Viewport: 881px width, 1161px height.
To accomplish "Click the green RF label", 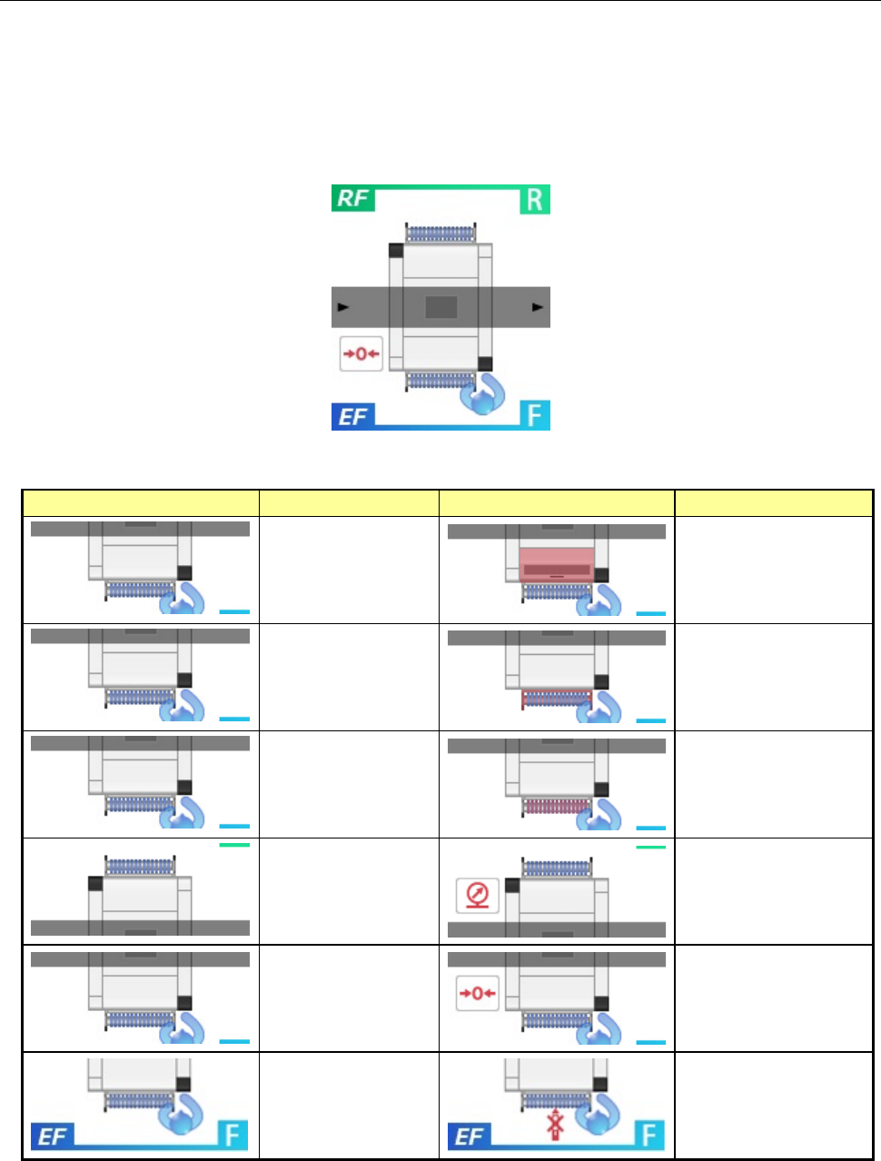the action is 352,199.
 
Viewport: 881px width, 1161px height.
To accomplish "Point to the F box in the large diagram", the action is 535,416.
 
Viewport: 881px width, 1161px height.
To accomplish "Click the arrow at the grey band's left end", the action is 342,308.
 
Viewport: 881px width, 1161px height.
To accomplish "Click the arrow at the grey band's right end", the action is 539,308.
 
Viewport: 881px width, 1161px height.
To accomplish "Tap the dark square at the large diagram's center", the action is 441,307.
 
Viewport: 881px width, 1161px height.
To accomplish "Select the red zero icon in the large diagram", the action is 361,354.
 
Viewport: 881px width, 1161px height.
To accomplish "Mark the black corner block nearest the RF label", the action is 396,251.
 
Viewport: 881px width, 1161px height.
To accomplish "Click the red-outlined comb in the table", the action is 557,699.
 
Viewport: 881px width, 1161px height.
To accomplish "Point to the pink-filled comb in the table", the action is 557,806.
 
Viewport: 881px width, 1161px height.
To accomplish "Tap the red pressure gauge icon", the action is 478,895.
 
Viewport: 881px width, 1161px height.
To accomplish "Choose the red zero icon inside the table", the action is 478,994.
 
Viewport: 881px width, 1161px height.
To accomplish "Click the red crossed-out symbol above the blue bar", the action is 555,1125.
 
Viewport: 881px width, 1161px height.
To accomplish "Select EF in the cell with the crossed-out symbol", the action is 470,1136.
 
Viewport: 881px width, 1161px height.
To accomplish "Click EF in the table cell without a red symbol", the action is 53,1136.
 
